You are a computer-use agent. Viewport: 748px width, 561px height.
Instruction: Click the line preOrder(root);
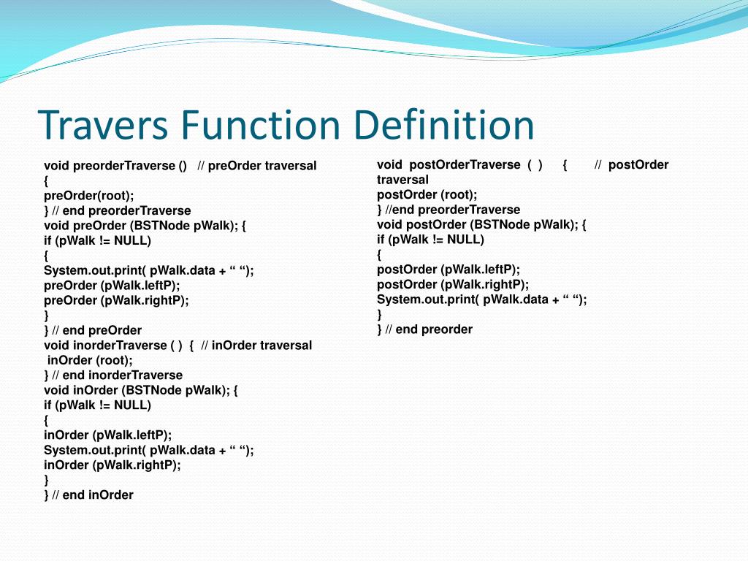[x=89, y=196]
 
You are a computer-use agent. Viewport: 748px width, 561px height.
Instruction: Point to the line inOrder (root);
[x=90, y=360]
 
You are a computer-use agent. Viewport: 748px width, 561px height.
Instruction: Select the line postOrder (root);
[x=427, y=194]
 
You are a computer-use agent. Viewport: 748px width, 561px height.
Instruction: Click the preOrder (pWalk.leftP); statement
[x=112, y=286]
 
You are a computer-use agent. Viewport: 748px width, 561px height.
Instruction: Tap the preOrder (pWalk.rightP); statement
[x=116, y=300]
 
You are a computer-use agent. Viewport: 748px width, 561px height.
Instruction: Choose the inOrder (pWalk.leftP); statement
[x=107, y=435]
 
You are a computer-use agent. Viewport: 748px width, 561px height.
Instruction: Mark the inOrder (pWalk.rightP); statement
[x=112, y=465]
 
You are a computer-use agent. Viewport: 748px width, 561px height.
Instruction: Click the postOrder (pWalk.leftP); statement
[x=449, y=270]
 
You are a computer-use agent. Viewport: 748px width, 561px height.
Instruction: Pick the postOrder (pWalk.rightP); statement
[x=453, y=284]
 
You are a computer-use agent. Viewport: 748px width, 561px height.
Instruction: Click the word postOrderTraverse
[x=465, y=165]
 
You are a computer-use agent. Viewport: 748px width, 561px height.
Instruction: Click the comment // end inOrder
[x=93, y=495]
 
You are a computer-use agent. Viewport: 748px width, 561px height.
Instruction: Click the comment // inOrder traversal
[x=256, y=345]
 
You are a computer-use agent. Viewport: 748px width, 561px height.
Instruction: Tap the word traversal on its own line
[x=402, y=180]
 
